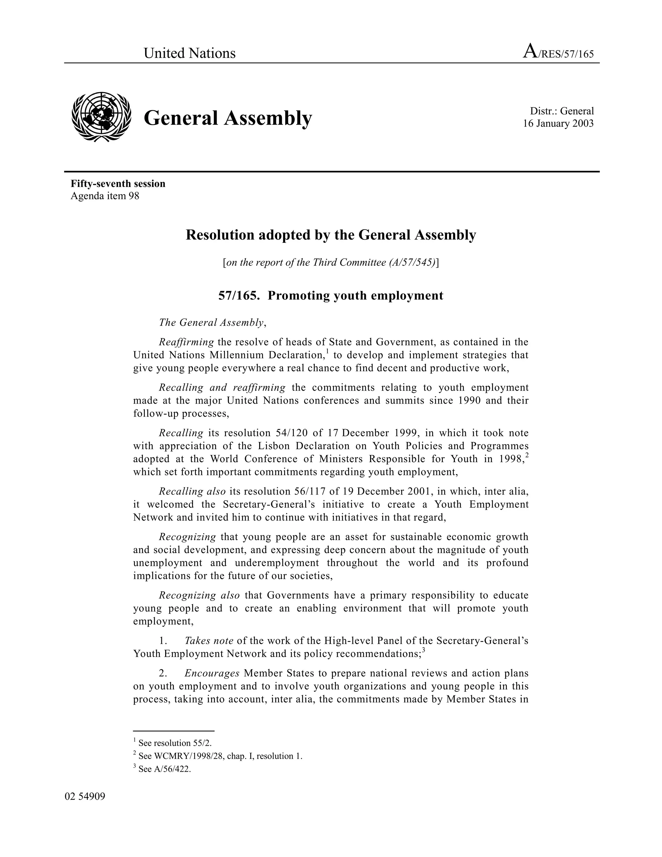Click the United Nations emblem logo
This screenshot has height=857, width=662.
tap(101, 117)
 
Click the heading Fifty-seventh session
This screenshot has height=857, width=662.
tap(118, 184)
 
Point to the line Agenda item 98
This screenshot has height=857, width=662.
tap(105, 196)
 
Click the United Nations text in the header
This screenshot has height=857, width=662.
tap(189, 53)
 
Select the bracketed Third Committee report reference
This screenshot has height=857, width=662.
tap(331, 263)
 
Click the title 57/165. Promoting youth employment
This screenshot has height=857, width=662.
tap(331, 296)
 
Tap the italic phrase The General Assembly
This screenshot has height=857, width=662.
tap(211, 322)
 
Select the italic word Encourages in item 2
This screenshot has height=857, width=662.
tap(212, 673)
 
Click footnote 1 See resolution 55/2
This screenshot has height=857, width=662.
tap(173, 743)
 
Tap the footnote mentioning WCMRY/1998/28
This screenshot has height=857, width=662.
tap(218, 756)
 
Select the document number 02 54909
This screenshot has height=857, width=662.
tap(85, 797)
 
